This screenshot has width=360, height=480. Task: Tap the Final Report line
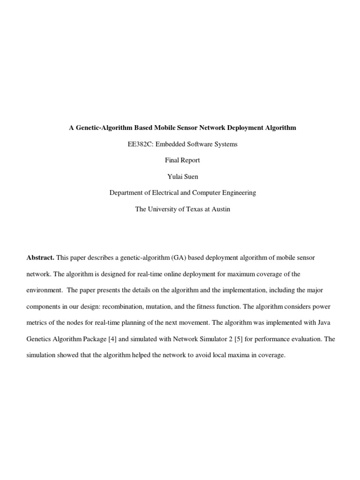tap(182, 160)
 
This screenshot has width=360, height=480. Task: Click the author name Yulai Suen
tap(182, 177)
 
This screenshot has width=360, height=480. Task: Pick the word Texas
tap(195, 209)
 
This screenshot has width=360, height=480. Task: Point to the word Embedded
tap(170, 144)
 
